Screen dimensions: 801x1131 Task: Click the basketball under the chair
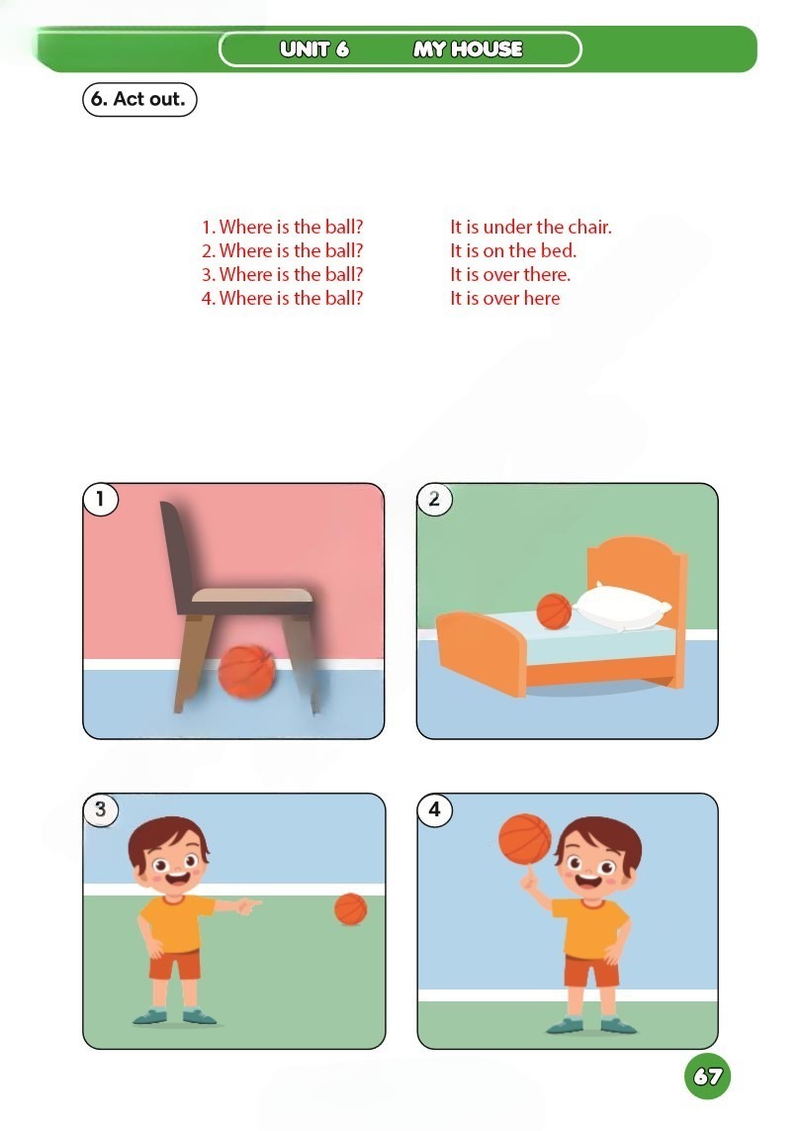pyautogui.click(x=246, y=672)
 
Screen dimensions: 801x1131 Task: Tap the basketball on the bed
pyautogui.click(x=554, y=611)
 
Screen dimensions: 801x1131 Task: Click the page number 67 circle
pyautogui.click(x=707, y=1077)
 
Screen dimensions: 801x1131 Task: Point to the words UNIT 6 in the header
pyautogui.click(x=314, y=49)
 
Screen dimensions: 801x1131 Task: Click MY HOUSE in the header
pyautogui.click(x=468, y=49)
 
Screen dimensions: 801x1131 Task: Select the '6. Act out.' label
pyautogui.click(x=139, y=99)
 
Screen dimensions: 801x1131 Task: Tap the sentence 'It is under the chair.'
pyautogui.click(x=531, y=228)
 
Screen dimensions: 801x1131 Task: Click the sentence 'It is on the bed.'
pyautogui.click(x=513, y=251)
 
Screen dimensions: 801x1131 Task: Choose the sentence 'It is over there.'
pyautogui.click(x=510, y=275)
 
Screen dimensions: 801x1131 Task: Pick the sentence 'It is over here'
pyautogui.click(x=504, y=299)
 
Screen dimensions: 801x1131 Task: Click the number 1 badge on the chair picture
pyautogui.click(x=100, y=499)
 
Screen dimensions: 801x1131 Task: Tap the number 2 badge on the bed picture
pyautogui.click(x=434, y=499)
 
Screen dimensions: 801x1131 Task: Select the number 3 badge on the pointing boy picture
pyautogui.click(x=100, y=809)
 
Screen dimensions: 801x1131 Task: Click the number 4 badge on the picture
pyautogui.click(x=434, y=809)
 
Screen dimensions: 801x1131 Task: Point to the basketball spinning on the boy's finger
pyautogui.click(x=525, y=839)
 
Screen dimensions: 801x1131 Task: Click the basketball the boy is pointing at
pyautogui.click(x=351, y=908)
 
